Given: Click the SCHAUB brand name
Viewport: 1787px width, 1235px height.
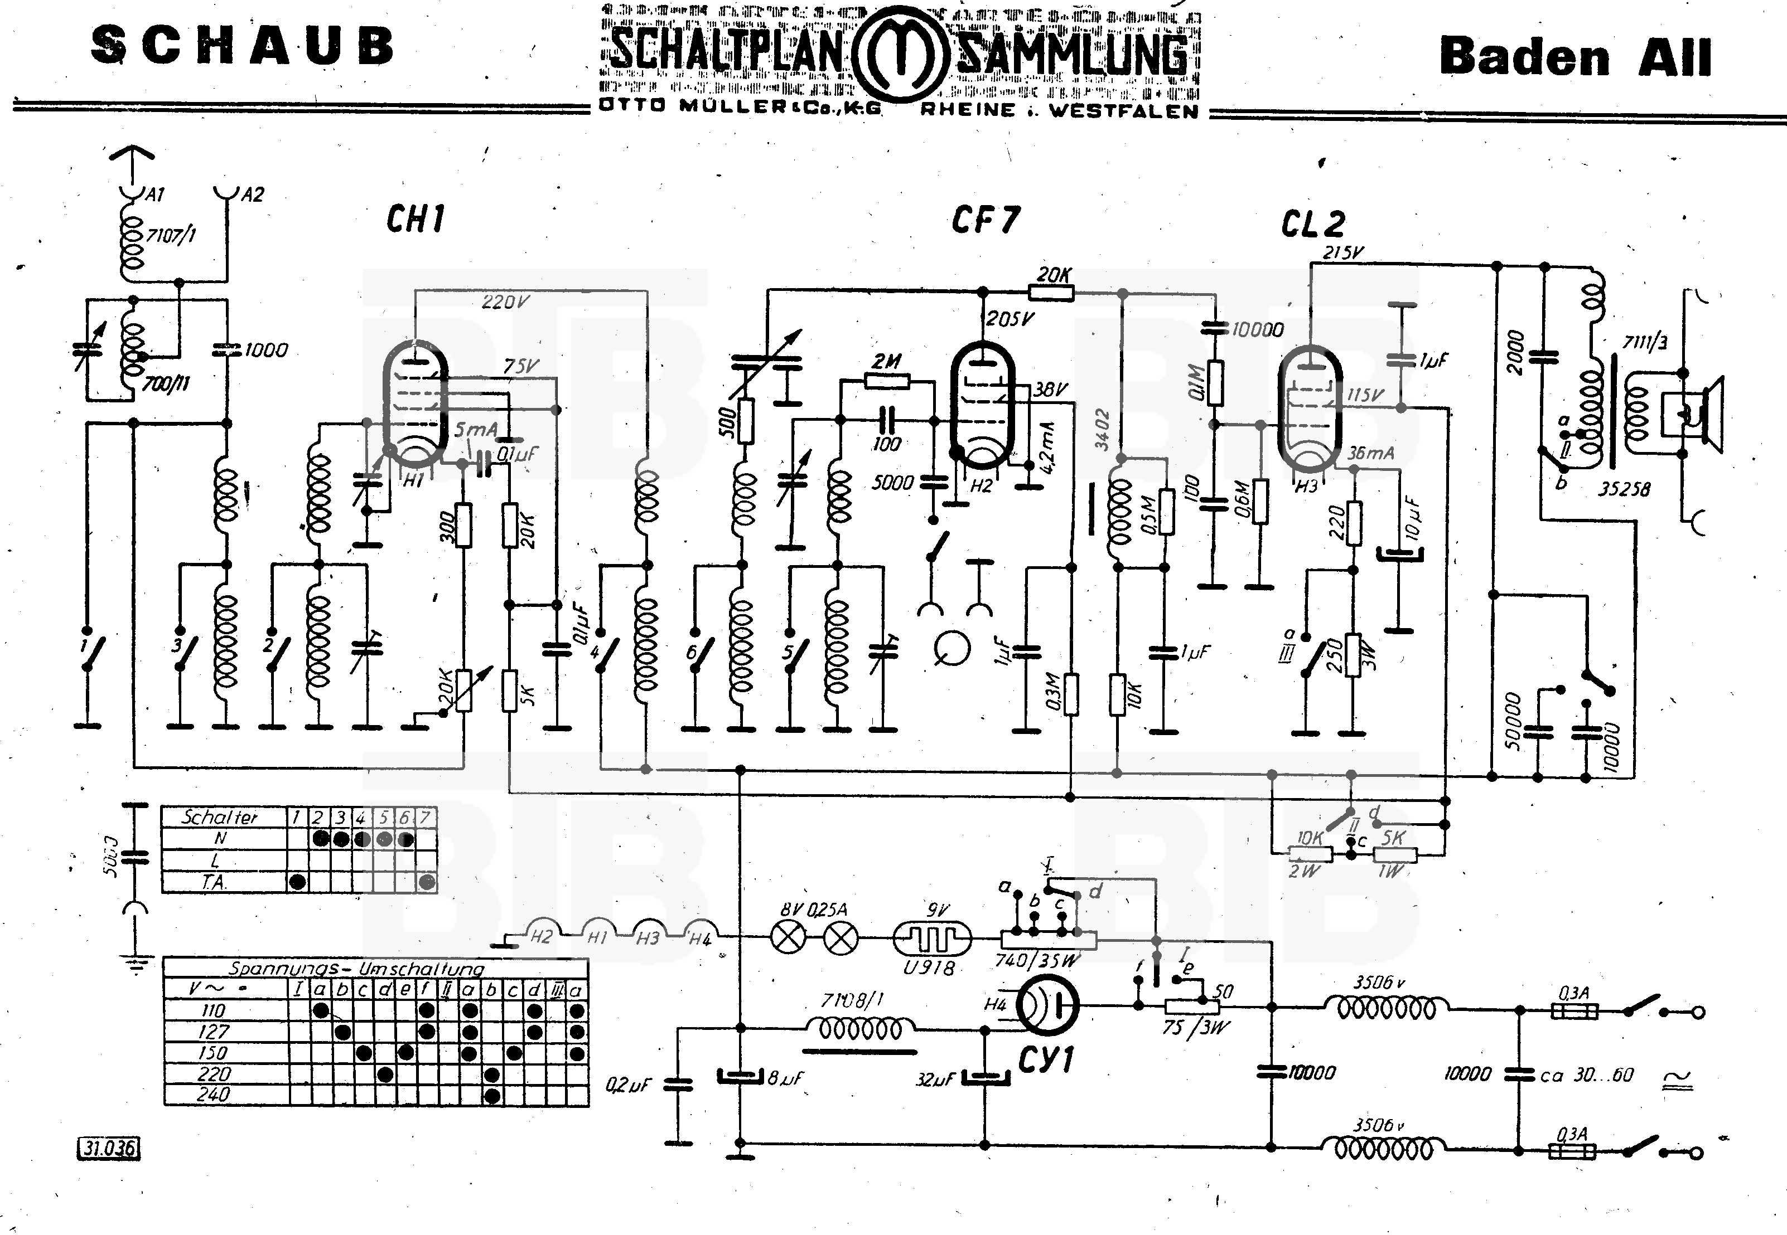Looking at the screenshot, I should click(243, 46).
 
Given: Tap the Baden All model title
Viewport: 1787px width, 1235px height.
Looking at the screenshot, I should click(1575, 57).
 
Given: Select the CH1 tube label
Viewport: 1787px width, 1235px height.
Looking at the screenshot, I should click(416, 220).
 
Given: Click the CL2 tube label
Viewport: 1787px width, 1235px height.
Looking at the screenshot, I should click(1313, 225).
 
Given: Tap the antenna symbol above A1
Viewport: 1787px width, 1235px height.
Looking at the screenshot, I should click(132, 155).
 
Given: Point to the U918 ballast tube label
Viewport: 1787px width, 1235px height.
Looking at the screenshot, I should click(929, 967).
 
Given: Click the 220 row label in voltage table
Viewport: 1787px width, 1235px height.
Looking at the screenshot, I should click(214, 1074).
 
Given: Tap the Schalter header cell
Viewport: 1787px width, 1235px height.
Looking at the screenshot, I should click(219, 817).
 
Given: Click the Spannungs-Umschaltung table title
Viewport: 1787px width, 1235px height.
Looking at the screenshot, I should click(356, 968).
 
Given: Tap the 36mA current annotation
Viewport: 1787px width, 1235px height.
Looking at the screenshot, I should click(1370, 453).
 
